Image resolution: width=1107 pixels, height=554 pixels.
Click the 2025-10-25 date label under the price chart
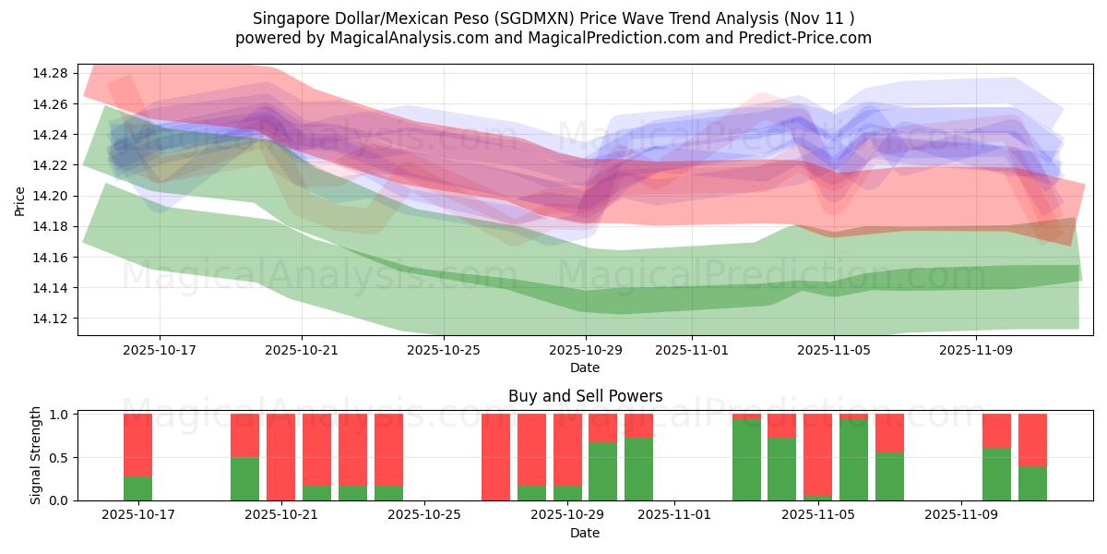(x=444, y=351)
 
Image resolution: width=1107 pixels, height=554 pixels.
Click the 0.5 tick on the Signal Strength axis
(x=58, y=458)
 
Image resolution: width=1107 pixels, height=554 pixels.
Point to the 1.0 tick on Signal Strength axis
(x=58, y=415)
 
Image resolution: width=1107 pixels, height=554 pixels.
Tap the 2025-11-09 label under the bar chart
(x=961, y=515)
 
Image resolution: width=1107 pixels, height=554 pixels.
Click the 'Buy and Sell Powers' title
(x=585, y=396)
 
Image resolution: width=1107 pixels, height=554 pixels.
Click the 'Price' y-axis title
(x=21, y=200)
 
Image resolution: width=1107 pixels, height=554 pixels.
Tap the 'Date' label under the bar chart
(x=585, y=533)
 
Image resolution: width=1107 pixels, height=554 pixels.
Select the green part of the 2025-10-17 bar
(x=138, y=488)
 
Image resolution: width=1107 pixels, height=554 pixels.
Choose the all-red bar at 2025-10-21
(x=280, y=457)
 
